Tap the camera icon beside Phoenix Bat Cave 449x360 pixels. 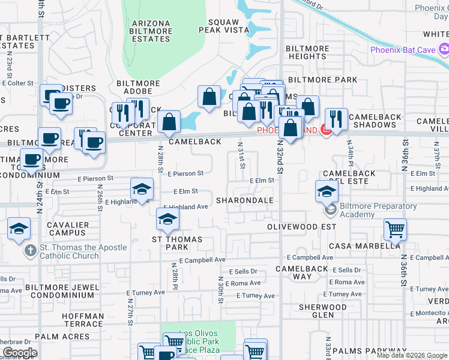point(444,49)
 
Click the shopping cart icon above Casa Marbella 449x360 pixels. point(395,229)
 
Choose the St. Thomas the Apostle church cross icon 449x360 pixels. point(31,251)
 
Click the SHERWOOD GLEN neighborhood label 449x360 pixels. point(323,311)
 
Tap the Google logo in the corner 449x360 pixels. point(20,353)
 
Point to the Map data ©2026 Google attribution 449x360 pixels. point(411,355)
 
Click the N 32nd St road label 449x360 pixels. point(280,156)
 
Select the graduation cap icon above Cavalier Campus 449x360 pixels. point(19,229)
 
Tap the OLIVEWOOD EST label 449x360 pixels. point(301,228)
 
